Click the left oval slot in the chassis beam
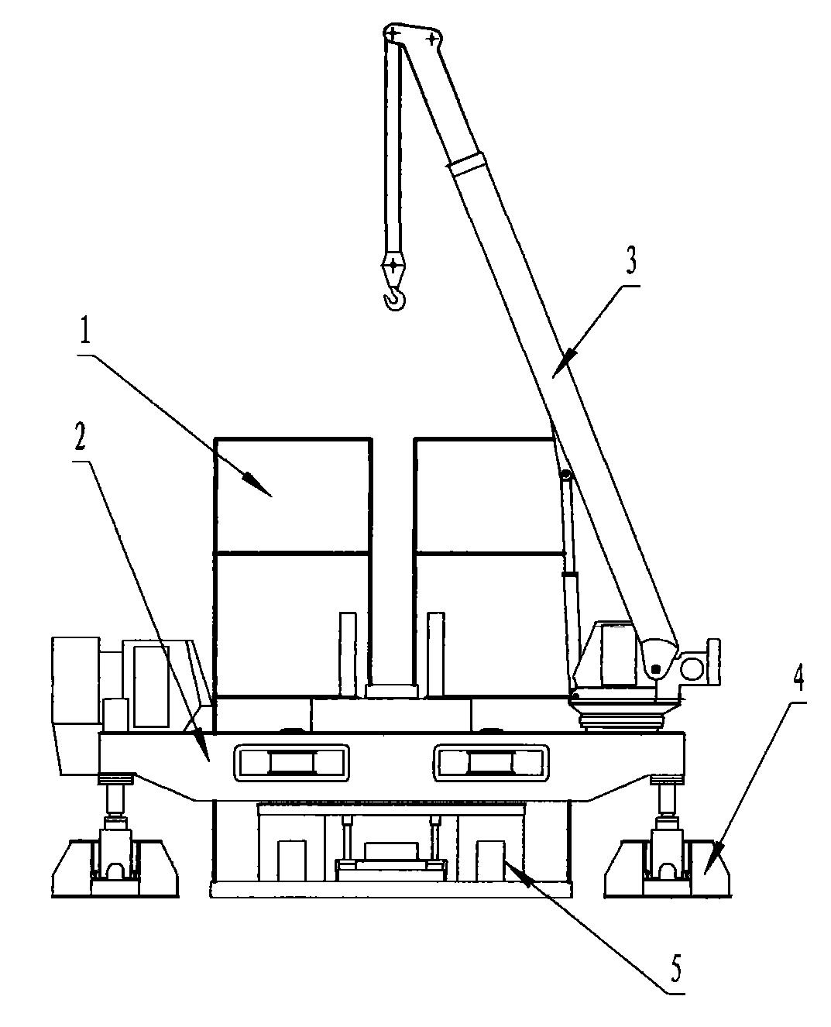pos(291,763)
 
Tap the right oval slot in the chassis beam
pos(491,763)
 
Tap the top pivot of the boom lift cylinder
pos(566,476)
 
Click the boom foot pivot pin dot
pos(654,668)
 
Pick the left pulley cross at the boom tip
pos(393,35)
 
